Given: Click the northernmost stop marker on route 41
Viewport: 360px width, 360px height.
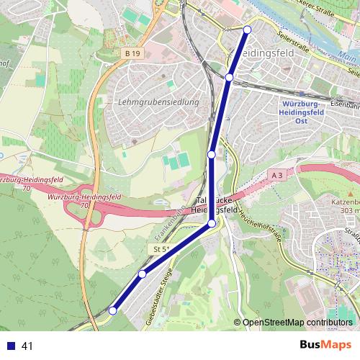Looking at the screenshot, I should pyautogui.click(x=247, y=29).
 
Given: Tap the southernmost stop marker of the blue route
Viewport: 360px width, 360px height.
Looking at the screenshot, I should pyautogui.click(x=112, y=310).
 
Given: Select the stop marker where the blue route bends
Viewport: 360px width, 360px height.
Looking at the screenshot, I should pyautogui.click(x=212, y=224).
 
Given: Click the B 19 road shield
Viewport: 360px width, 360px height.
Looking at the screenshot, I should pyautogui.click(x=130, y=53).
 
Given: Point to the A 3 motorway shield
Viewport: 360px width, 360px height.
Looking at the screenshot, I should pyautogui.click(x=279, y=175).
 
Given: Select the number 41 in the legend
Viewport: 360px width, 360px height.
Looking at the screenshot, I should pyautogui.click(x=28, y=346).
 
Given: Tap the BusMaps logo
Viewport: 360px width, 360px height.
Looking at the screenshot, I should pyautogui.click(x=325, y=345).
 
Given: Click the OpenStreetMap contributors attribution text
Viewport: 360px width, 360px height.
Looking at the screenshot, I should pyautogui.click(x=297, y=323).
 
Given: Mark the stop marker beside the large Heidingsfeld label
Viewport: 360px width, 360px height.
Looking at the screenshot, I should pyautogui.click(x=229, y=77).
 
